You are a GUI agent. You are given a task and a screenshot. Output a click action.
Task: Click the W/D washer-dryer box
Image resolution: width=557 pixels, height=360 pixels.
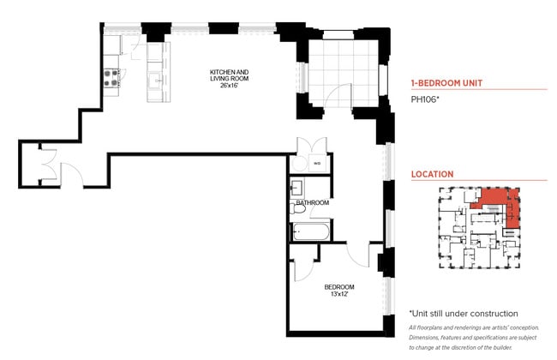point(316,162)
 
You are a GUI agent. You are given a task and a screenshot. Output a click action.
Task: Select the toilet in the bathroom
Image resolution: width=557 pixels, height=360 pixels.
point(300,208)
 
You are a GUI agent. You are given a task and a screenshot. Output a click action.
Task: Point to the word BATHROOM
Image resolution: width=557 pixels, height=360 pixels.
point(313,203)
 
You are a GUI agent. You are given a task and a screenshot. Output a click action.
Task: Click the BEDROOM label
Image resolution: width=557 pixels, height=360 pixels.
point(338,286)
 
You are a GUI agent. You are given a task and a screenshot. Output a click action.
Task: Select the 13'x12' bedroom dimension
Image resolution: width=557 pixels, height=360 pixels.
point(338,294)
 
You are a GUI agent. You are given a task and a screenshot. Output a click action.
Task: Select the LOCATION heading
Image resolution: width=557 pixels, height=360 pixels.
point(432,174)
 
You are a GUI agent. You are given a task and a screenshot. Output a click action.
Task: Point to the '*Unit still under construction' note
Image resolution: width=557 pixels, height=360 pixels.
point(463,314)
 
